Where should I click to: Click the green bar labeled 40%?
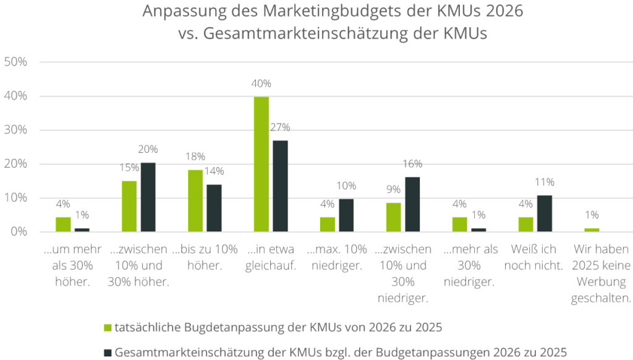(x=261, y=165)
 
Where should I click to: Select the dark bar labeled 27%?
(x=280, y=186)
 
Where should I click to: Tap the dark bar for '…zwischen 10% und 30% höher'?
(x=148, y=197)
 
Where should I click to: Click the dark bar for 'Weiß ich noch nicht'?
(x=544, y=213)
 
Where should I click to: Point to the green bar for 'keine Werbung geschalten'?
(x=592, y=230)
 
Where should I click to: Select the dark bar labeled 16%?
(x=412, y=205)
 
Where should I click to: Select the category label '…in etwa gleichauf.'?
(x=271, y=257)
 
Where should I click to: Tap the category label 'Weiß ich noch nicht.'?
(x=534, y=257)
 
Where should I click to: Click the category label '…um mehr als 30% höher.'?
(x=72, y=265)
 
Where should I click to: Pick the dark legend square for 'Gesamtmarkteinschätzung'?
(x=107, y=352)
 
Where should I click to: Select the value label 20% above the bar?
(x=148, y=149)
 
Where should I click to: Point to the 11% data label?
(x=545, y=182)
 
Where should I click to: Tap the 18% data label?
(x=195, y=156)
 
